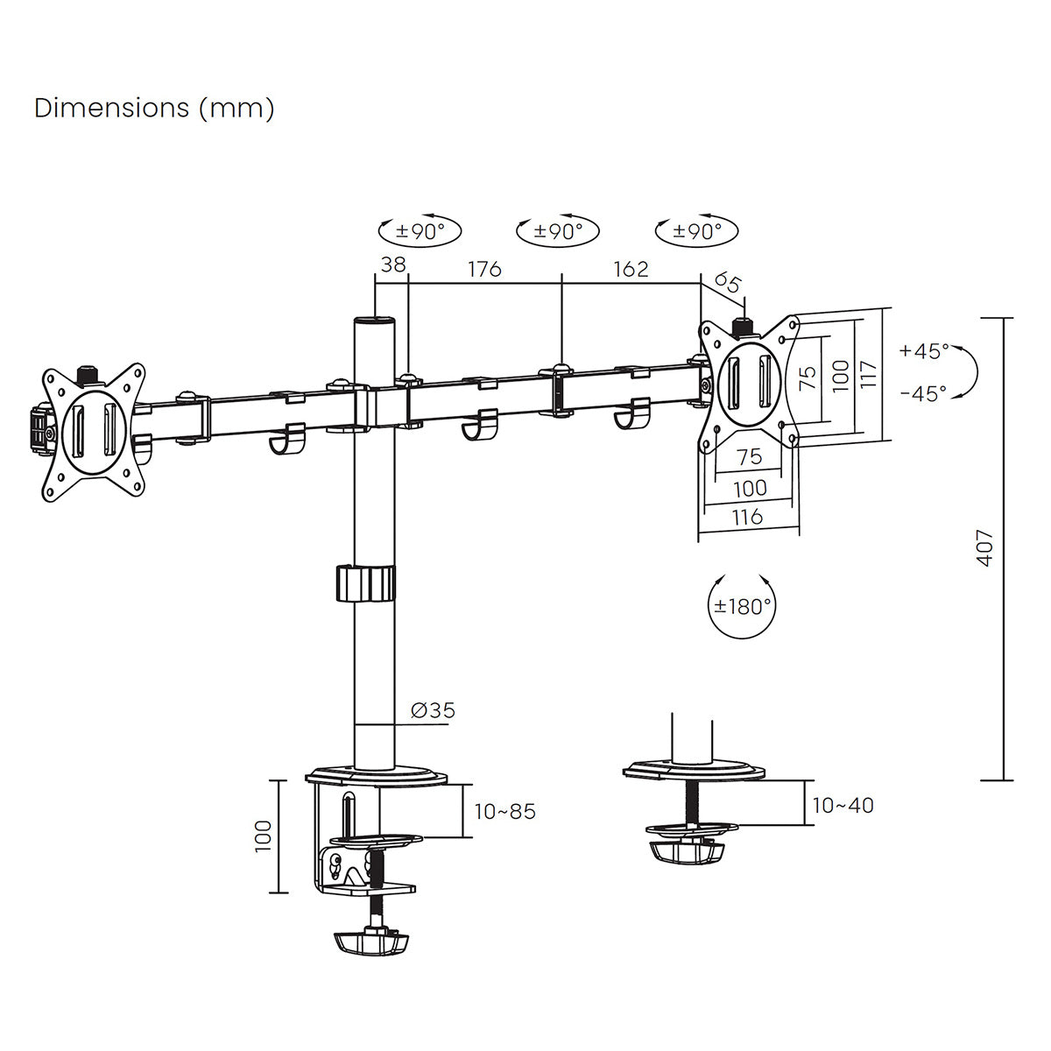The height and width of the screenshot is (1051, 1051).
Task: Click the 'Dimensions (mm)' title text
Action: (154, 108)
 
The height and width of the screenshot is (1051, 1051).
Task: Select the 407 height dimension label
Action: (985, 547)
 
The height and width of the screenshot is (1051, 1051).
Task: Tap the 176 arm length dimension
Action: (484, 269)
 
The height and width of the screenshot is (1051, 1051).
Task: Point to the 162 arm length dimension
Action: (631, 269)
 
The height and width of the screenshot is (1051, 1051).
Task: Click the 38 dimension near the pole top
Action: (394, 265)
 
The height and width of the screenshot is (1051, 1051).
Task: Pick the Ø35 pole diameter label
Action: (434, 710)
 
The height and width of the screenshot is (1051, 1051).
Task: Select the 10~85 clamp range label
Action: (504, 812)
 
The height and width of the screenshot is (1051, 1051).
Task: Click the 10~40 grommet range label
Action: (843, 806)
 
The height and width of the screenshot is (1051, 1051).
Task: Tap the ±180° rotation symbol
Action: (742, 606)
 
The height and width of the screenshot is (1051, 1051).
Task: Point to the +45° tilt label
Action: (923, 351)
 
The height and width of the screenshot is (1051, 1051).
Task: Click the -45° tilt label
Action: (923, 394)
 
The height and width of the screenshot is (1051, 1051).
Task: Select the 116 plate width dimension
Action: (747, 517)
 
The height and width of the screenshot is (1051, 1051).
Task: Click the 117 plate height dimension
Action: (866, 375)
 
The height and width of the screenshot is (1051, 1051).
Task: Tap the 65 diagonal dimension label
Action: (728, 283)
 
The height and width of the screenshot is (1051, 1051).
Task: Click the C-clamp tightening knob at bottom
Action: (372, 942)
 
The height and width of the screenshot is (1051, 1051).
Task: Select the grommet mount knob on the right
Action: (688, 851)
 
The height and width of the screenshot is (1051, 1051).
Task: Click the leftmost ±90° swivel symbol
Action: (420, 232)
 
